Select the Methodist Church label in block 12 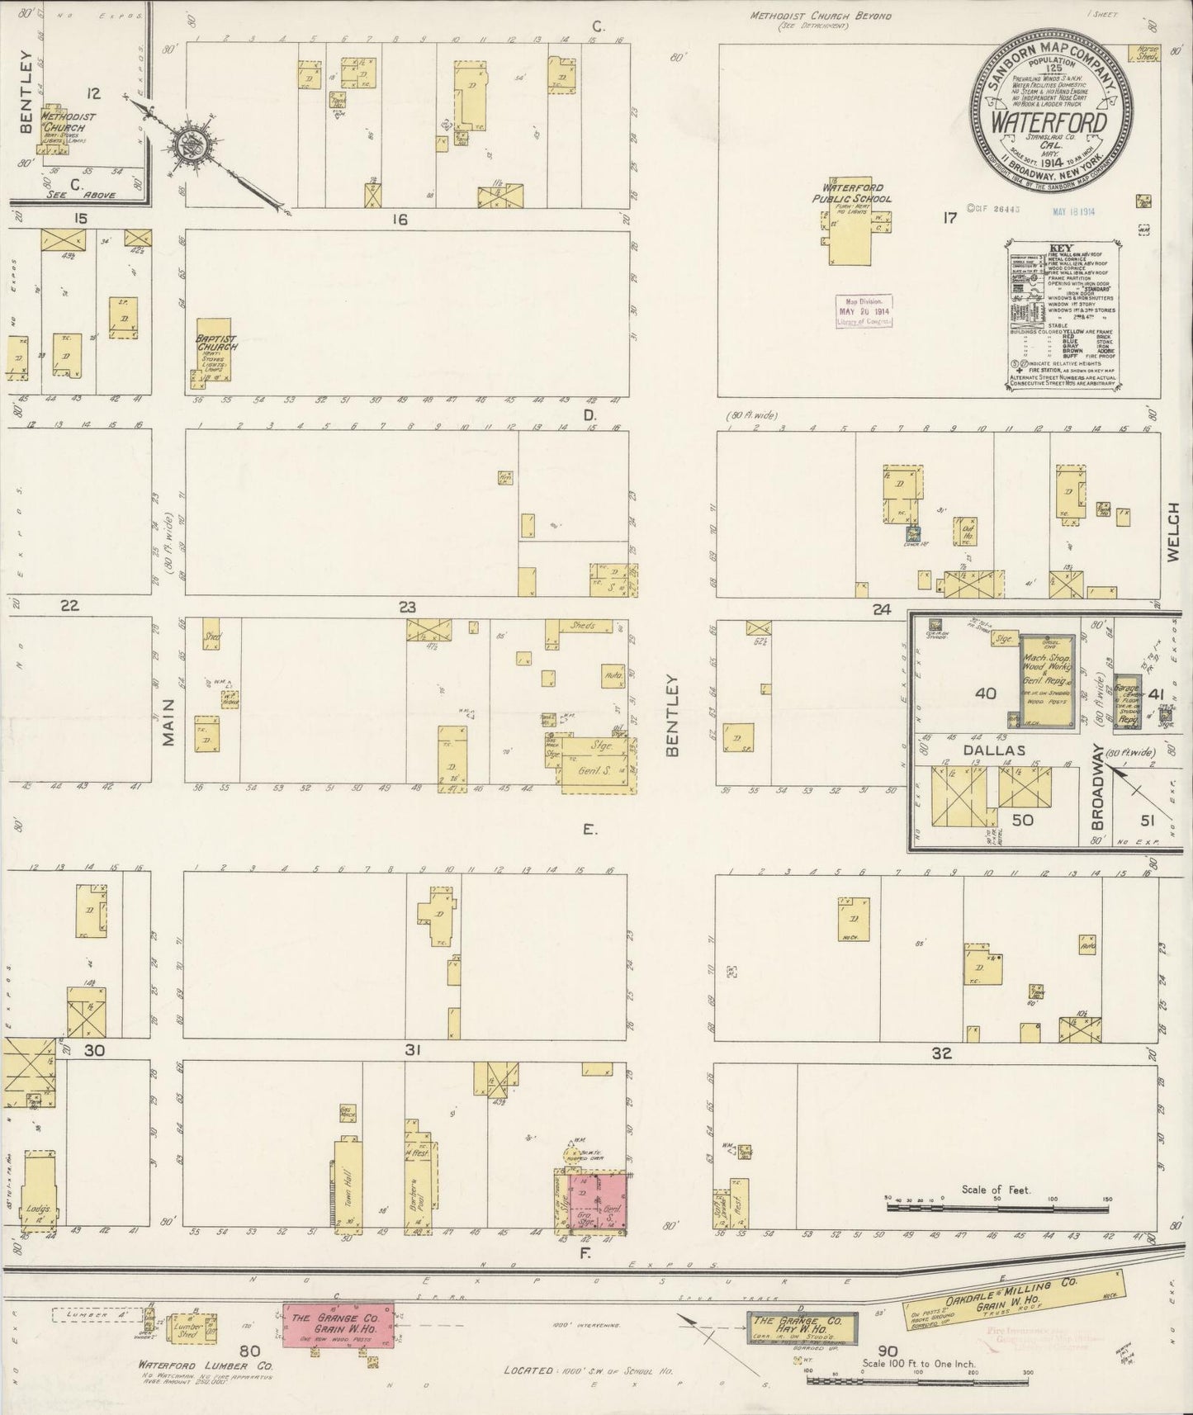(69, 122)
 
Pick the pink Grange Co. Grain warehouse (338, 1326)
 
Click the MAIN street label (168, 722)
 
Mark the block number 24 (882, 609)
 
